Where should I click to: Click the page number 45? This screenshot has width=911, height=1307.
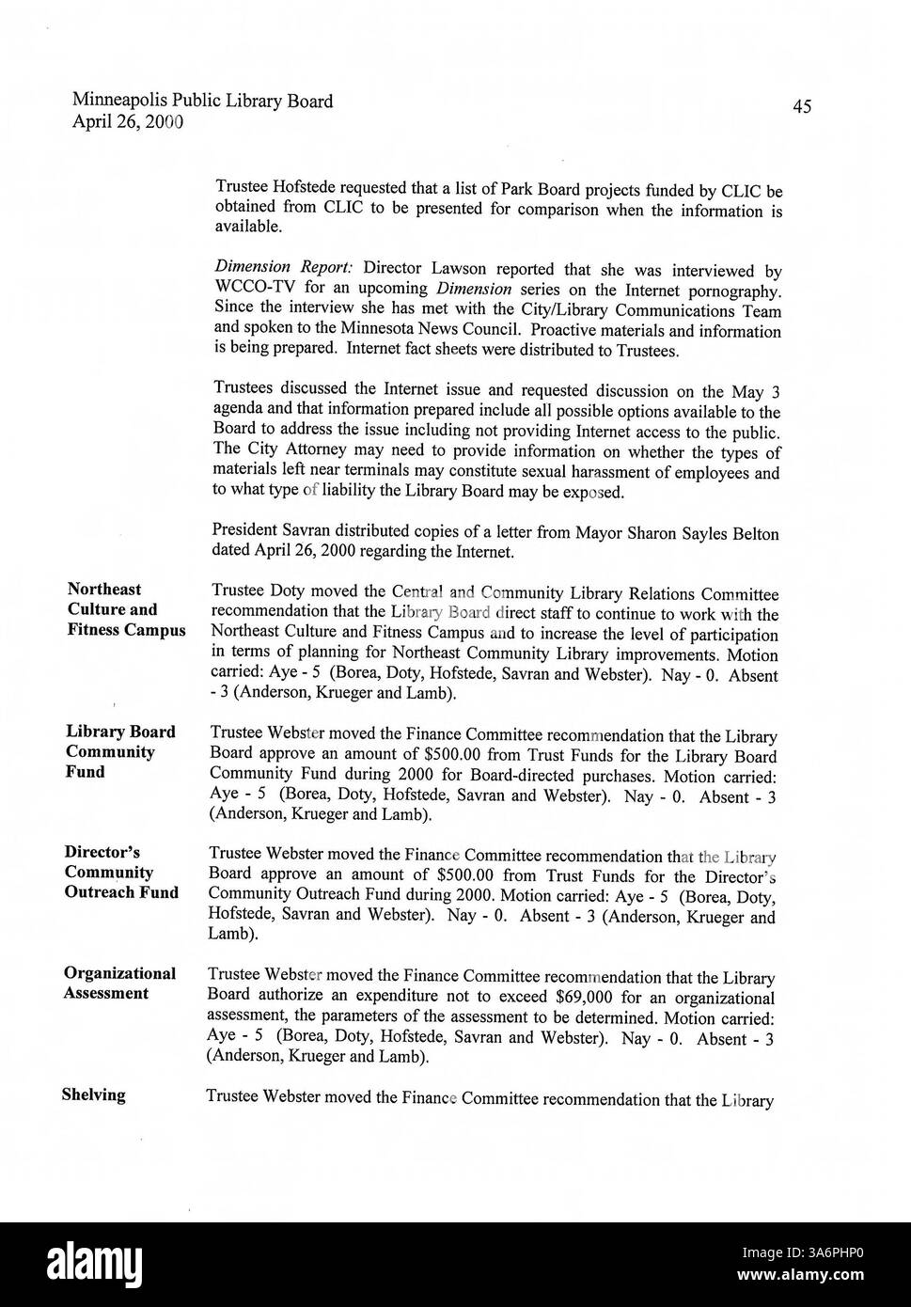(x=801, y=106)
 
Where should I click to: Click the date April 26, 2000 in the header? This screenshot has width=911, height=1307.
(x=127, y=121)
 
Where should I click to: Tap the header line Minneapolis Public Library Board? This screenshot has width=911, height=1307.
(x=202, y=101)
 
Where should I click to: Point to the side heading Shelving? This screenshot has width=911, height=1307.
(x=93, y=1094)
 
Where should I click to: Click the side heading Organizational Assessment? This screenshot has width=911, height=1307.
(x=119, y=983)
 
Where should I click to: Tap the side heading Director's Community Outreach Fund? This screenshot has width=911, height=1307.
(x=120, y=873)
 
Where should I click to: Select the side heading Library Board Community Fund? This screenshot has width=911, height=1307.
(x=119, y=751)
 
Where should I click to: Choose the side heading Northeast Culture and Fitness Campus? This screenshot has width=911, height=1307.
(x=125, y=609)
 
